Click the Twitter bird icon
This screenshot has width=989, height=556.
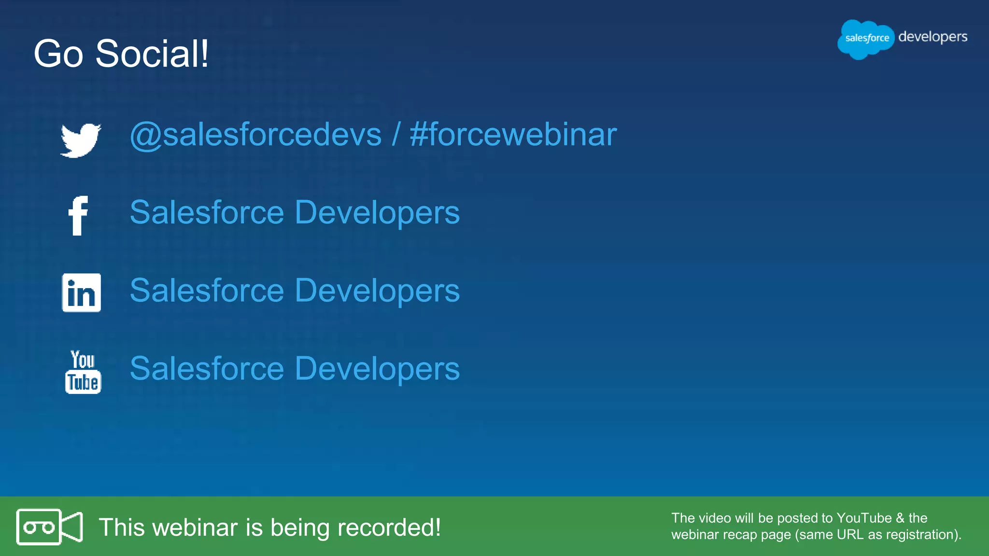81,140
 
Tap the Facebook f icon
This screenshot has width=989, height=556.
78,216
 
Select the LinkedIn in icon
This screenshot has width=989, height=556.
81,292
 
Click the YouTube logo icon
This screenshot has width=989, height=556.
83,372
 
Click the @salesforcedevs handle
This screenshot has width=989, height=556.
255,135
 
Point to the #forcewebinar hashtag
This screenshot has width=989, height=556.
513,135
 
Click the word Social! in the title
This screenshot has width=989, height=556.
152,54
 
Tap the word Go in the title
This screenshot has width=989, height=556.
58,54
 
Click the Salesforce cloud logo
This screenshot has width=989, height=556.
866,39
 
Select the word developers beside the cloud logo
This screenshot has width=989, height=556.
932,37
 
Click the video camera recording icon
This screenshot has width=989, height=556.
49,527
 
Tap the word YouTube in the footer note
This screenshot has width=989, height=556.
864,518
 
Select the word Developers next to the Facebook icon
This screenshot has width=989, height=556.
377,213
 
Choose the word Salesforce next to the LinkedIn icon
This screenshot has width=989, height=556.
207,291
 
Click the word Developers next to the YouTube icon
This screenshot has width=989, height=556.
377,369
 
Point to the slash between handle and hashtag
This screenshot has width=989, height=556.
396,135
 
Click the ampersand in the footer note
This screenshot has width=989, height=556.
900,518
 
